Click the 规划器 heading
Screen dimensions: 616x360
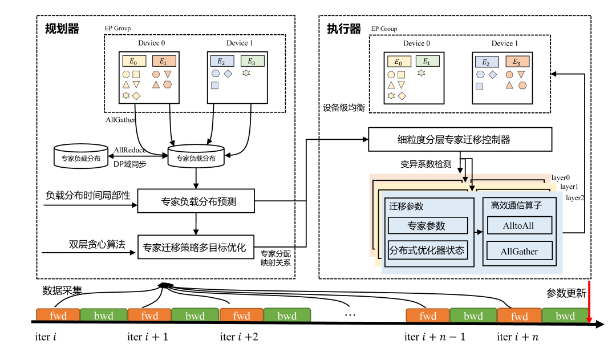62,29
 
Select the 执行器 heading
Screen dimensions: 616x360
344,29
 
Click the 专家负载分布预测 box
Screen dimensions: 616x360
196,201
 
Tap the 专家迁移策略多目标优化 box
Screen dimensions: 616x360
196,247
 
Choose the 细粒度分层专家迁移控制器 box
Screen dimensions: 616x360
460,140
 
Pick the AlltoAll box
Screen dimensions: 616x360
520,225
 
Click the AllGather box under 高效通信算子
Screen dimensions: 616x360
520,251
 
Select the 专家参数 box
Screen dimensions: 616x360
427,225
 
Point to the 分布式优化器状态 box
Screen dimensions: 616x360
427,250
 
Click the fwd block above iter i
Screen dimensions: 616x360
58,315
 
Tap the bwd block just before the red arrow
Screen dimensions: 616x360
565,315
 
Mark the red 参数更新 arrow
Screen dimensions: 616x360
589,302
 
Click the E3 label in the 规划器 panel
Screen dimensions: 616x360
251,61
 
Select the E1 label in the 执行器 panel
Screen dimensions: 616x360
426,61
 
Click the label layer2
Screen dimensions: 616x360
575,198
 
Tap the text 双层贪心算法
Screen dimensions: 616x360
97,244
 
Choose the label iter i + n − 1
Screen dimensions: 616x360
435,337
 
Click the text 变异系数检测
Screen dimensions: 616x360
426,164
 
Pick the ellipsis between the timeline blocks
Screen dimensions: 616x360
350,315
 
